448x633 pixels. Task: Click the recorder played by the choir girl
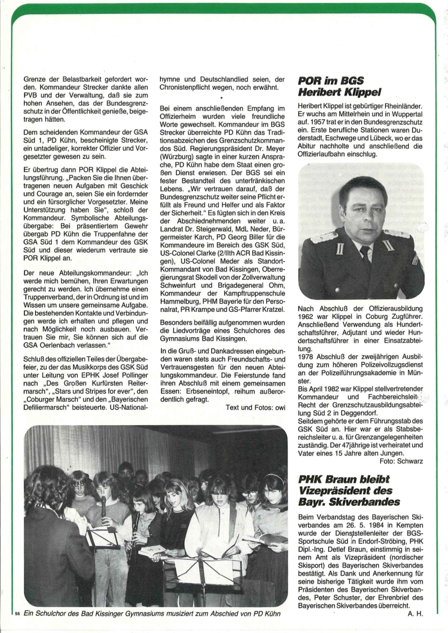pos(103,507)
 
